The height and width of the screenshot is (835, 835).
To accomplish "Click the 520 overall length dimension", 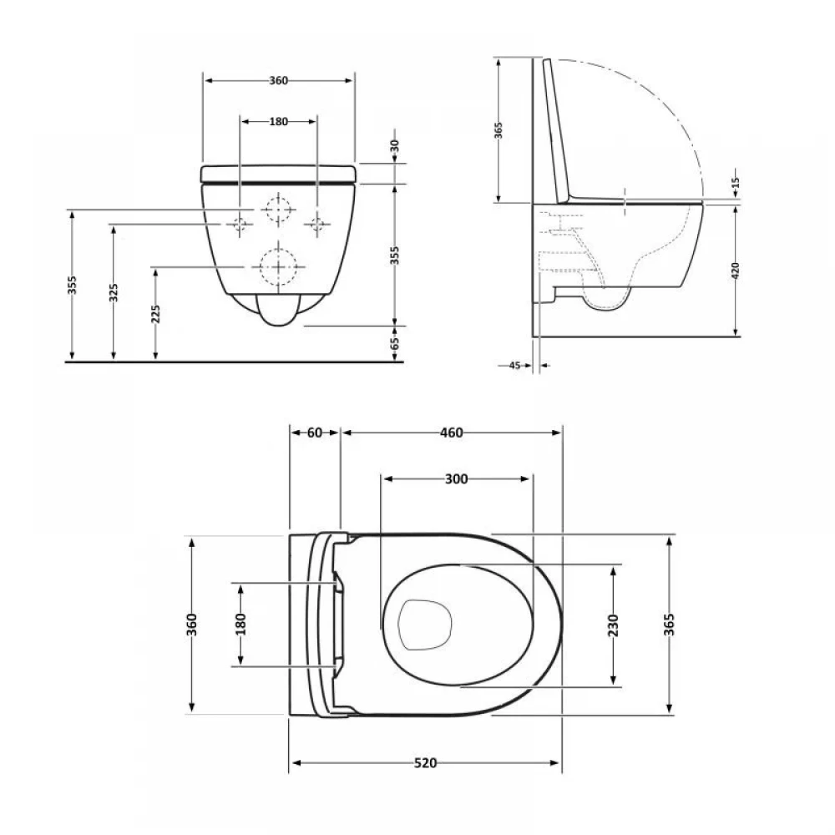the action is coord(425,763).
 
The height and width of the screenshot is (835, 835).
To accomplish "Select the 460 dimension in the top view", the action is coord(451,433).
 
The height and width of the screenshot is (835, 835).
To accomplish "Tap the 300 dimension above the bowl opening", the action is coord(456,479).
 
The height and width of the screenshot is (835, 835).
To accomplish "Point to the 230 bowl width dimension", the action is coord(613,625).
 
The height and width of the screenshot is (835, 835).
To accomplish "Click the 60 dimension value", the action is coord(315,433).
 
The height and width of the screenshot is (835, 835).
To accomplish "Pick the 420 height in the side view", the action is coord(736,270).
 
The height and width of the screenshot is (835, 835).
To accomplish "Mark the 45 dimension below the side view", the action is coord(514,366).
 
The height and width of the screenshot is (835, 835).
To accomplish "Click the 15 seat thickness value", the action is coord(736,183).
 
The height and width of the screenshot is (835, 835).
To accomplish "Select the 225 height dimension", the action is coord(155,314).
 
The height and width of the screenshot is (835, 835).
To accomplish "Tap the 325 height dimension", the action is coord(114,292).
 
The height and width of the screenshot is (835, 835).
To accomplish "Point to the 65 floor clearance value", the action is coord(395,343).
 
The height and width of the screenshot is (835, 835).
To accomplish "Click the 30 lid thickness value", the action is coord(395,146).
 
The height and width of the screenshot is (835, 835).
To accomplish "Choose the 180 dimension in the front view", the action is coord(278,121).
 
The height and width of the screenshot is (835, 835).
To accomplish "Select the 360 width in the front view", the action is coord(278,80).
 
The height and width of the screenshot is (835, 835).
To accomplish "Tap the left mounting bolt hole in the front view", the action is coord(239,224).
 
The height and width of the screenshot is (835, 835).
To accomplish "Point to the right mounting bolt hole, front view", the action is coord(317,224).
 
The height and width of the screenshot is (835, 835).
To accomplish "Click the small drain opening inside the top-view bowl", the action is coord(425,625).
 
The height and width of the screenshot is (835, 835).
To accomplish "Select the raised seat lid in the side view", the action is coord(556,130).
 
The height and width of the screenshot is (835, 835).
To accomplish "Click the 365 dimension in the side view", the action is coord(498,130).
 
